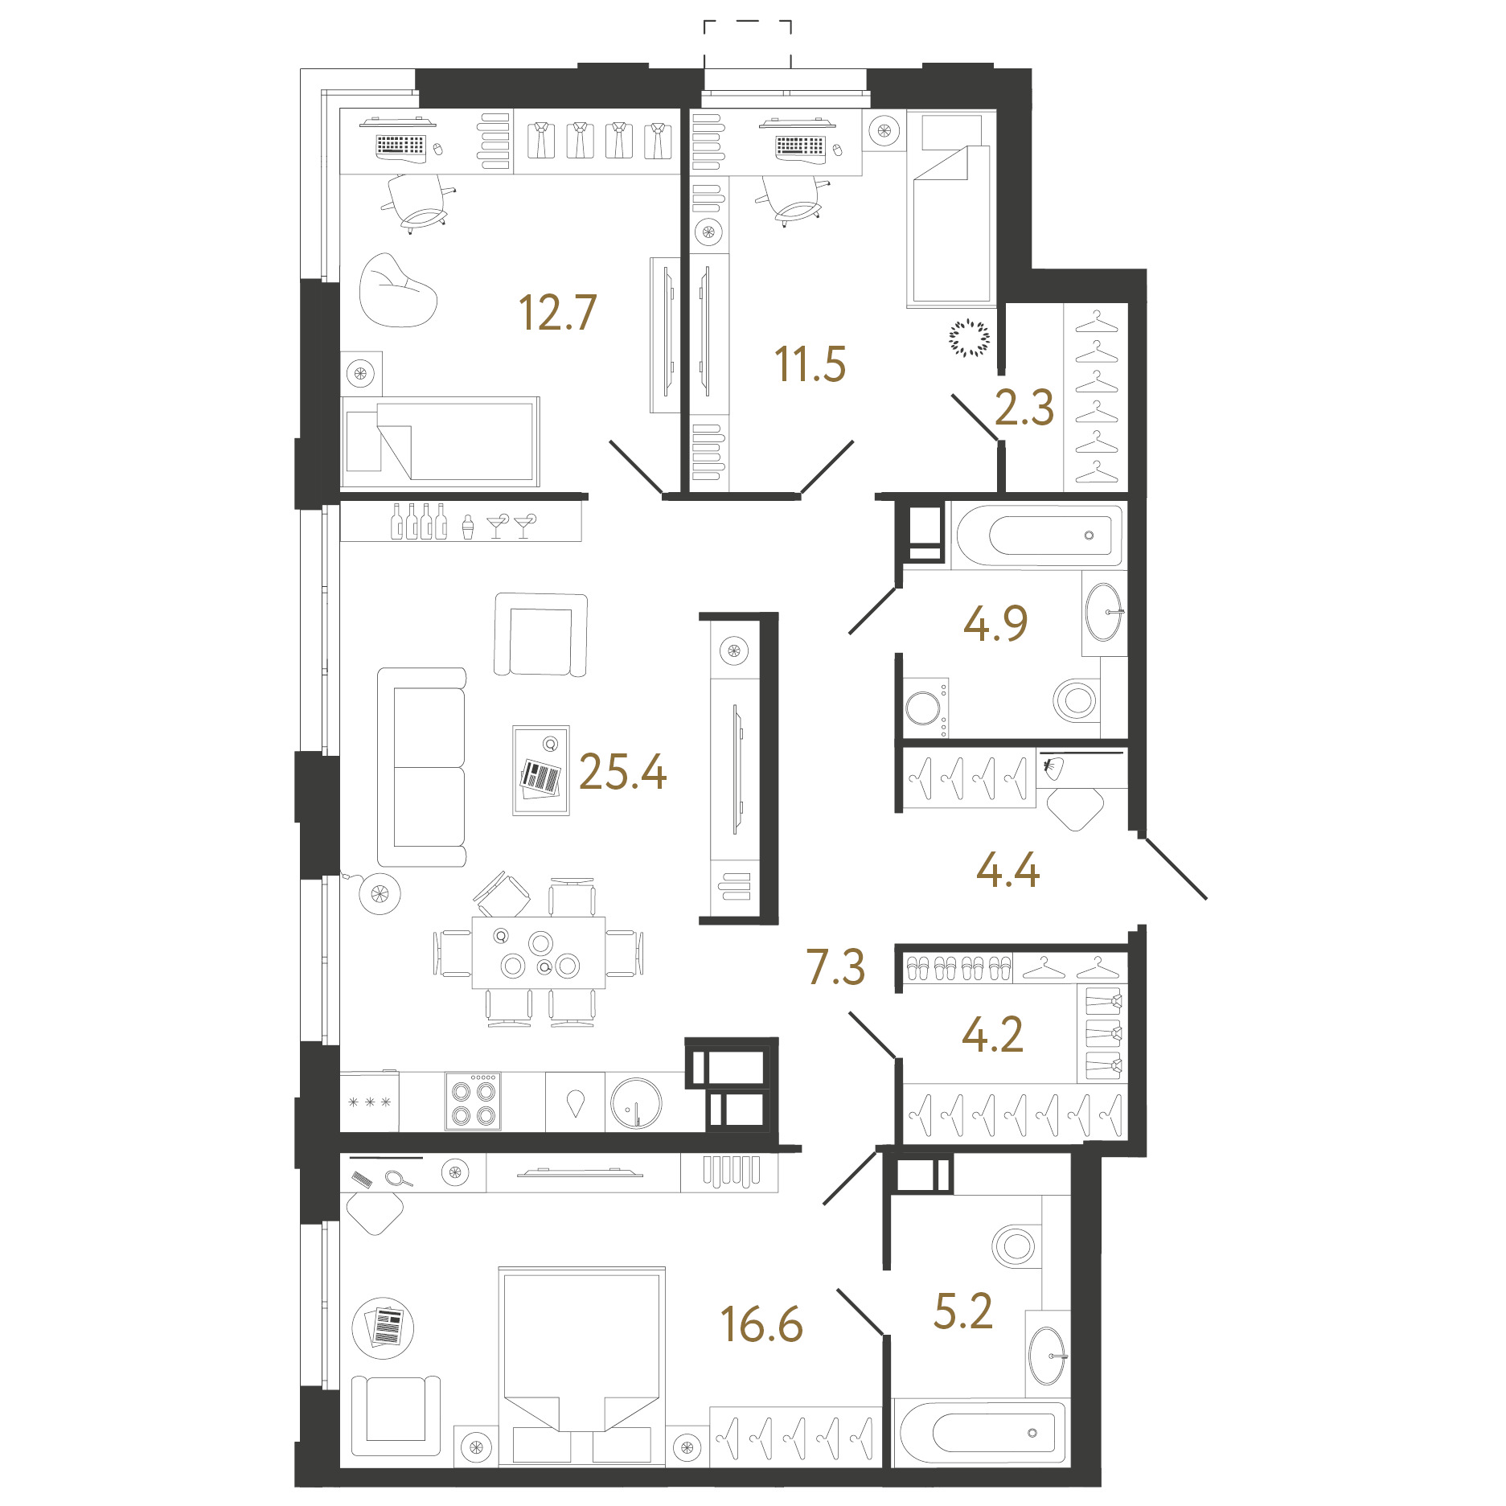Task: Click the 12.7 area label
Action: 557,313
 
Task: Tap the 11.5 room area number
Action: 810,363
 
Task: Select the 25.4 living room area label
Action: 622,772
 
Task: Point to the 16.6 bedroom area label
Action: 761,1324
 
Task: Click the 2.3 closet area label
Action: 1024,408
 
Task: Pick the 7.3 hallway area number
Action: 836,966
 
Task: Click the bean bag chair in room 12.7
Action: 398,290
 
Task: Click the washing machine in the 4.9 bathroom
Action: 925,707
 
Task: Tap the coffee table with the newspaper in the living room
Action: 541,770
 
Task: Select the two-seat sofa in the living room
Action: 422,767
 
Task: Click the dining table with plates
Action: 539,953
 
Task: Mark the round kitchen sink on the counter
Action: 636,1102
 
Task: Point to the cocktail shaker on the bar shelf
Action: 468,526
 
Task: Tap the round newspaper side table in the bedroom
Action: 384,1327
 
